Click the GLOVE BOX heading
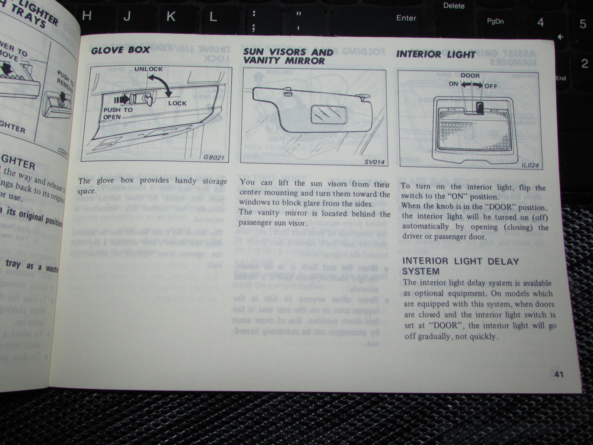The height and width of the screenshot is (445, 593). [x=120, y=50]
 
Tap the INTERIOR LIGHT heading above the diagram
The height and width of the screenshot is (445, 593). [x=435, y=54]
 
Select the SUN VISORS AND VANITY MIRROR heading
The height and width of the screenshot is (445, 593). [x=288, y=56]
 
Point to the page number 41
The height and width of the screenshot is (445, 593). [x=559, y=374]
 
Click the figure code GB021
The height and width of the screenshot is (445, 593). [x=214, y=157]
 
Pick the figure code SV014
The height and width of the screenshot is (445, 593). [x=374, y=162]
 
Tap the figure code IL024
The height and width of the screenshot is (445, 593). [x=530, y=166]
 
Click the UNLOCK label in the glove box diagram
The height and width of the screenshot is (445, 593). [x=149, y=69]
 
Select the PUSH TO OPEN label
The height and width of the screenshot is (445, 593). [x=117, y=113]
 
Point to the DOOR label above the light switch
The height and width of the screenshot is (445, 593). [x=470, y=76]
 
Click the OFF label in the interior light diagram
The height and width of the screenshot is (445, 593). [x=491, y=86]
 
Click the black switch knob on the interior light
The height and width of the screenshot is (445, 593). [x=480, y=108]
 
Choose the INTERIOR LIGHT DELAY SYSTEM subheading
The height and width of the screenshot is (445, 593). [x=460, y=266]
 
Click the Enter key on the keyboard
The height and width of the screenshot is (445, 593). [x=406, y=18]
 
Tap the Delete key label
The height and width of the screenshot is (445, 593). [x=453, y=6]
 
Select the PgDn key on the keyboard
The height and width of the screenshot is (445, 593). [x=495, y=21]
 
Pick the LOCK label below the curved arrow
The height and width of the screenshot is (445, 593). [x=177, y=103]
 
